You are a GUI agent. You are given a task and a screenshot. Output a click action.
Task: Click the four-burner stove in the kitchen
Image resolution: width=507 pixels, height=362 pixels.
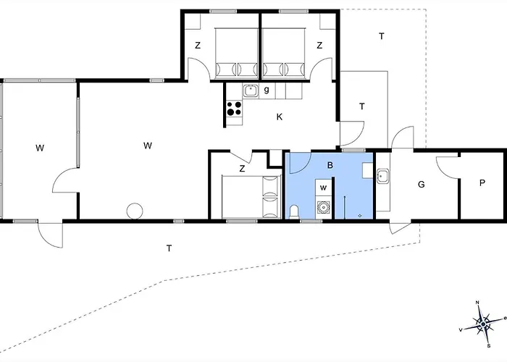coord(234,109)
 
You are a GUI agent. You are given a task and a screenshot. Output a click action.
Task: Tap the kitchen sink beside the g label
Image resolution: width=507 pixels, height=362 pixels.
coord(251,90)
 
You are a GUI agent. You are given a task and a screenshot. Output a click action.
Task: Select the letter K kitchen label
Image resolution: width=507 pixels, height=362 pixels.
coord(279,116)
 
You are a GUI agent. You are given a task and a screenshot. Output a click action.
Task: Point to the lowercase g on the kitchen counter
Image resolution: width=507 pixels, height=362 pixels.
coord(267,90)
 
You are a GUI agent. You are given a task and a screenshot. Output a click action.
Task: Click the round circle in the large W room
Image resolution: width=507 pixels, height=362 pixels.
coord(135,211)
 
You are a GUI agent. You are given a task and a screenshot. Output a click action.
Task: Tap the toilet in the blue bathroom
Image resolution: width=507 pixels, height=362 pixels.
coord(294,211)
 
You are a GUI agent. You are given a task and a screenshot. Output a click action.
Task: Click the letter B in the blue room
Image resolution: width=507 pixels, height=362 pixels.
coord(330,166)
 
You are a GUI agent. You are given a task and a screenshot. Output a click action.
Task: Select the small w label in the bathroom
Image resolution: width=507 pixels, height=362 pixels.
coord(324,188)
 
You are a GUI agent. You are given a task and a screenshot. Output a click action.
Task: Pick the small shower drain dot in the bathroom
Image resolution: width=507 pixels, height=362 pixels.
coord(360,215)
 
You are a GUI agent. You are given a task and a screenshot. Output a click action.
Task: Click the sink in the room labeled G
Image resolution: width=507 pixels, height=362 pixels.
coord(382,176)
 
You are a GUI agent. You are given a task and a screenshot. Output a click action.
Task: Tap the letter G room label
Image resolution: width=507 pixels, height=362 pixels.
coord(421,185)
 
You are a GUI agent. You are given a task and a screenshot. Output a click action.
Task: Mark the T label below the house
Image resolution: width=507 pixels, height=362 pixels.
coord(169,248)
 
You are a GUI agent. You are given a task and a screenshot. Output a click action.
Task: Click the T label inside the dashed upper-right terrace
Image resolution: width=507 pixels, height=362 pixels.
coord(381,36)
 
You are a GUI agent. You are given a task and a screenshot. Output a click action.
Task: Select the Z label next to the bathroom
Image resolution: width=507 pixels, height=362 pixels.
coord(243,169)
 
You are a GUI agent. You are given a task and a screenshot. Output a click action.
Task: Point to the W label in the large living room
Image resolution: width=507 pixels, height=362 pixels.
coord(147,146)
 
